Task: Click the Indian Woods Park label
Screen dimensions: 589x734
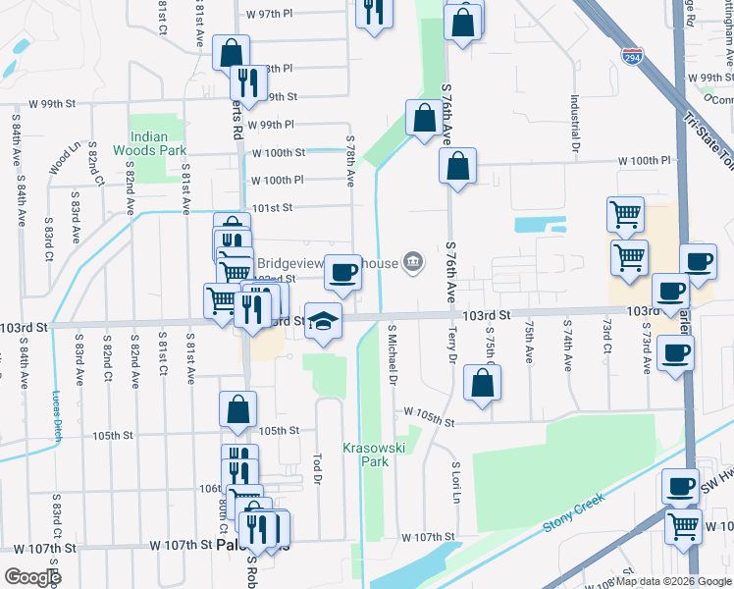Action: (x=149, y=143)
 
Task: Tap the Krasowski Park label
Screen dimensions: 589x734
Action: (x=369, y=454)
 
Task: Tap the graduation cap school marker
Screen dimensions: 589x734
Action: (x=322, y=320)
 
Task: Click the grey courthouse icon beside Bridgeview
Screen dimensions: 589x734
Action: (x=413, y=262)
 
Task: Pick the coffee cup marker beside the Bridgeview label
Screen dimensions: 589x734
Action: (x=341, y=271)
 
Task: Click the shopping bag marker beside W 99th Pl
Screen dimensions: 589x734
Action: (x=422, y=118)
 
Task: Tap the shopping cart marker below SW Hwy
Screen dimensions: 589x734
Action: (x=683, y=524)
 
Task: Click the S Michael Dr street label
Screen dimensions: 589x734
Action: (x=393, y=354)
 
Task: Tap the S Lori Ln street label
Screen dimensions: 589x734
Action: (x=456, y=479)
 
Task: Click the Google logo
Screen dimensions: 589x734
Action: (x=32, y=576)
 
